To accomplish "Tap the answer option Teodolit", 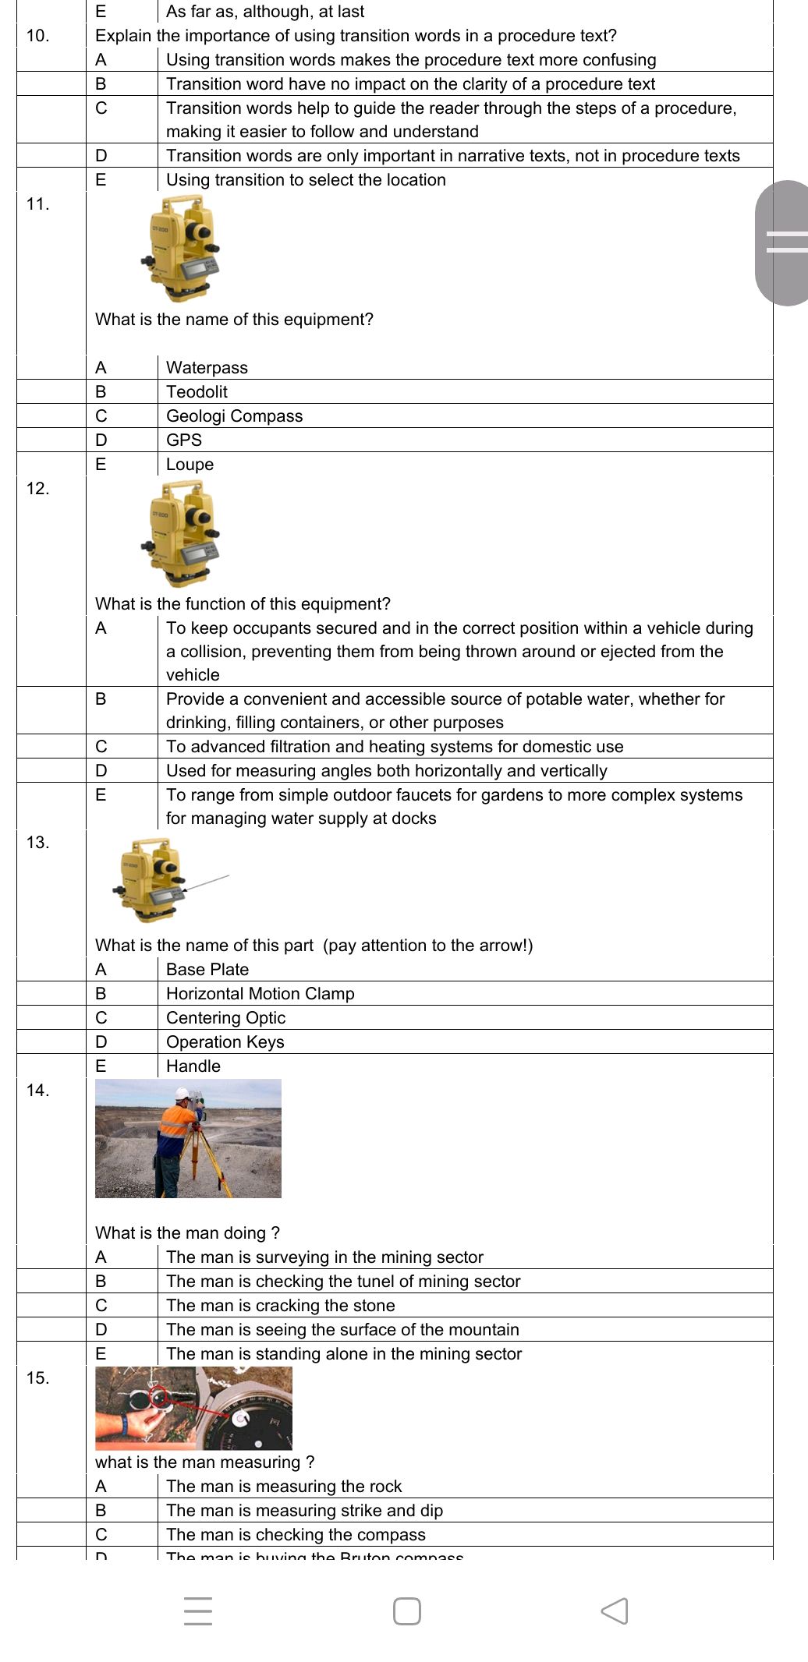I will pyautogui.click(x=197, y=391).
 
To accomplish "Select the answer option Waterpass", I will pyautogui.click(x=207, y=367).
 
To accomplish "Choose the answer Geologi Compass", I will pyautogui.click(x=234, y=415).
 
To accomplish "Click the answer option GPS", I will pyautogui.click(x=184, y=440).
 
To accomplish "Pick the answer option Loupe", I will pyautogui.click(x=190, y=464).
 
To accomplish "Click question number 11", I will pyautogui.click(x=37, y=204).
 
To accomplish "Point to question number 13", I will pyautogui.click(x=37, y=842).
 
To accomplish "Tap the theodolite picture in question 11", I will pyautogui.click(x=182, y=248).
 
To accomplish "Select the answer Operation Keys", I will pyautogui.click(x=225, y=1041).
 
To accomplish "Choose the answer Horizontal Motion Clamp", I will pyautogui.click(x=260, y=993).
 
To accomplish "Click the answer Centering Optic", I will pyautogui.click(x=225, y=1017).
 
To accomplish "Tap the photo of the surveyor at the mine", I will pyautogui.click(x=188, y=1138).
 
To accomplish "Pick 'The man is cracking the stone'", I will pyautogui.click(x=280, y=1305).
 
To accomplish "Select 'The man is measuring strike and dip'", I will pyautogui.click(x=304, y=1510).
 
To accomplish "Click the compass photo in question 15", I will pyautogui.click(x=193, y=1408).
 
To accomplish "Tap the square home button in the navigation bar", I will pyautogui.click(x=406, y=1611).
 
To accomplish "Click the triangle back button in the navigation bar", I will pyautogui.click(x=615, y=1611).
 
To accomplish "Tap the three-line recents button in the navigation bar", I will pyautogui.click(x=198, y=1611).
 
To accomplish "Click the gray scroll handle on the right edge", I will pyautogui.click(x=782, y=242).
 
